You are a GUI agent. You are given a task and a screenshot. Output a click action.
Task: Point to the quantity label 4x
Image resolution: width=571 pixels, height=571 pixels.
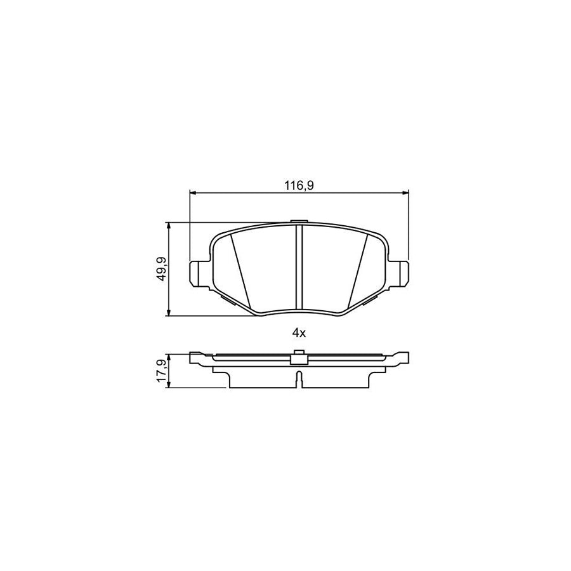click(299, 332)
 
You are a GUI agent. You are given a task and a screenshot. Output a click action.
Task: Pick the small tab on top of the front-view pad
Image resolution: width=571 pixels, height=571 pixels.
click(299, 222)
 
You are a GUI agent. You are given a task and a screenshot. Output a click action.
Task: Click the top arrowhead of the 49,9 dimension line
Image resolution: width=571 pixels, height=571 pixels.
click(169, 226)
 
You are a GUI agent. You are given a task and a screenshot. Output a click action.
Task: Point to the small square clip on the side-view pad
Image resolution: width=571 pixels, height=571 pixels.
click(299, 358)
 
